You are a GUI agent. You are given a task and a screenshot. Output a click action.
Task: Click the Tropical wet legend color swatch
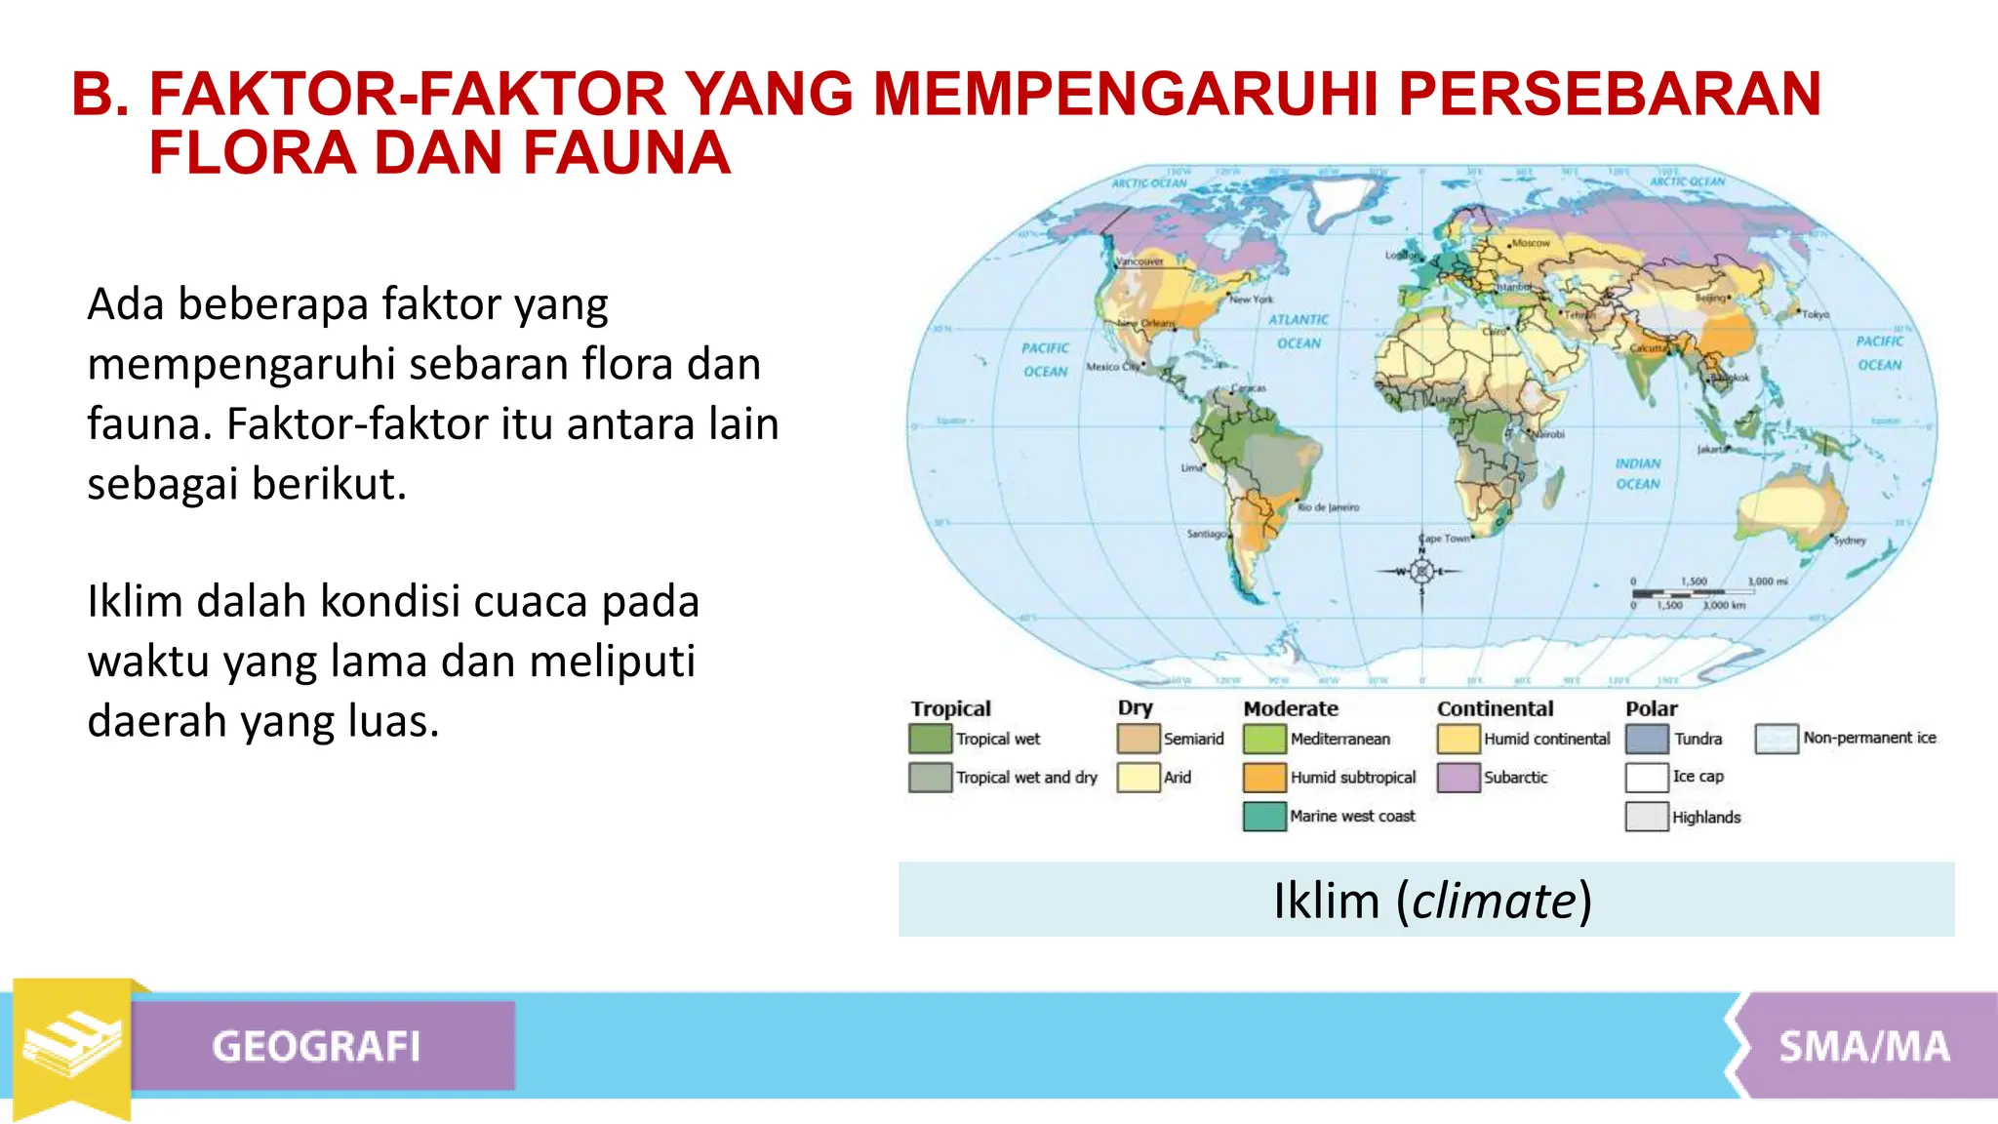(930, 739)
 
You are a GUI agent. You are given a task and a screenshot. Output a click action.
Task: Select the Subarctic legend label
(1515, 778)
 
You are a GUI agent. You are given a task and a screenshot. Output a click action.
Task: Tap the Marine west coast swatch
(1264, 816)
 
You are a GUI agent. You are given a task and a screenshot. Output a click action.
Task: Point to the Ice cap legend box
(1647, 778)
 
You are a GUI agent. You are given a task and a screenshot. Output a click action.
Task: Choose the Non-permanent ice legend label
(1869, 738)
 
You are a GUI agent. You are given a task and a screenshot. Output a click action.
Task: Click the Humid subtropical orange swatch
(1264, 778)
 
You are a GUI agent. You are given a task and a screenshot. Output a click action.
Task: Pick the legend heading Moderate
(1291, 708)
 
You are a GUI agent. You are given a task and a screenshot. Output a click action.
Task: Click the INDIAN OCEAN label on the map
(1637, 474)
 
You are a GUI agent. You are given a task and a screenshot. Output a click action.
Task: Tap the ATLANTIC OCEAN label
(1299, 331)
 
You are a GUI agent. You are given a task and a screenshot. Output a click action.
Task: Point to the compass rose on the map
(1421, 572)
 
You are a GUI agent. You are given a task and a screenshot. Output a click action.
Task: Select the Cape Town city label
(1445, 539)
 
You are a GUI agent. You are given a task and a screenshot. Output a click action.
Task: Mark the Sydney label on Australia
(1850, 540)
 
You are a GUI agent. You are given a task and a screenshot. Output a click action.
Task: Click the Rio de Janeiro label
(1328, 507)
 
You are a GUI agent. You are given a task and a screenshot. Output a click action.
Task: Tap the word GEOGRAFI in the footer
(316, 1047)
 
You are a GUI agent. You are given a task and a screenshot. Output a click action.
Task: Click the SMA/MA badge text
(1863, 1047)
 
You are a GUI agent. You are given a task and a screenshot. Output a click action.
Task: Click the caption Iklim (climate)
(1432, 900)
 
